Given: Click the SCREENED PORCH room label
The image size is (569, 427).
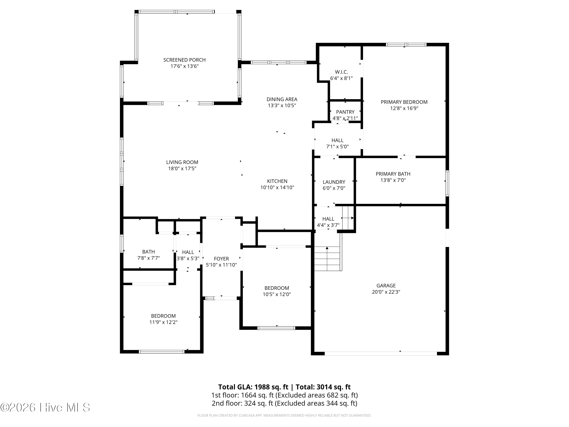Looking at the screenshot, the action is click(x=184, y=60).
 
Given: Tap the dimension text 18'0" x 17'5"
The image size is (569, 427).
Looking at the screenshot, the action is click(x=182, y=169).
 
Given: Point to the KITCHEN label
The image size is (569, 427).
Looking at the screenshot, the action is click(x=277, y=181).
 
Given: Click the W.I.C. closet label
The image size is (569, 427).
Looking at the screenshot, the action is click(x=341, y=72).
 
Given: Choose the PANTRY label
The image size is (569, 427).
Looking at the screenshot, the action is click(x=345, y=112).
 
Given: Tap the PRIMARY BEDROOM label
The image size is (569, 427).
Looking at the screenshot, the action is click(x=404, y=102).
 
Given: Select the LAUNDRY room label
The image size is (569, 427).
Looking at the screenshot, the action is click(x=334, y=182).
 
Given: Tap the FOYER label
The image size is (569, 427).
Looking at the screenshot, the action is click(x=221, y=259).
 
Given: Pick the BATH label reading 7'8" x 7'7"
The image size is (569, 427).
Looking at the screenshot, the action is click(x=149, y=252).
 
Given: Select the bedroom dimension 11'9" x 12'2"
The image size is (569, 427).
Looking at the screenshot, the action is click(x=163, y=322).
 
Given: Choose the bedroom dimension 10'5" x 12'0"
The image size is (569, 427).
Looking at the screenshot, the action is click(x=277, y=294).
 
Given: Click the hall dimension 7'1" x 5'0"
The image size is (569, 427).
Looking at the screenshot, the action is click(x=337, y=147).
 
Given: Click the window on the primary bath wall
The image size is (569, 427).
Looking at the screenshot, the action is click(x=447, y=183).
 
